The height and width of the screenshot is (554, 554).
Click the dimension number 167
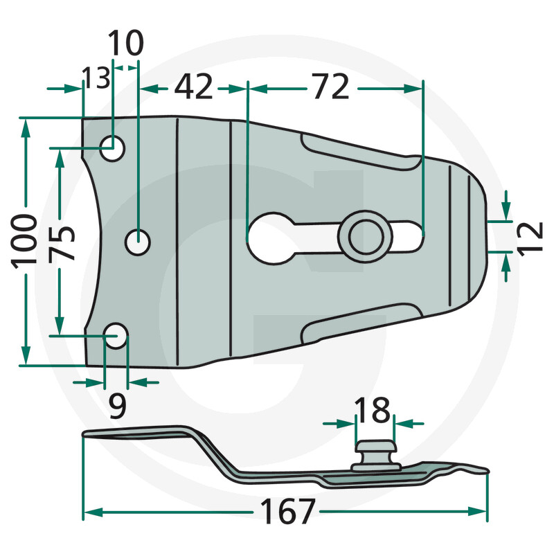(x=287, y=511)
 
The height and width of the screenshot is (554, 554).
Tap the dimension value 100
(x=24, y=242)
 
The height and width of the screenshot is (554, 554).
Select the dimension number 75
(x=62, y=243)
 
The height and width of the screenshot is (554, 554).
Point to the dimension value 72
(x=331, y=86)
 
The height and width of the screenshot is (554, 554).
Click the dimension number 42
(x=194, y=87)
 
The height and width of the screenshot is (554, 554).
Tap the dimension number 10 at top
(x=125, y=43)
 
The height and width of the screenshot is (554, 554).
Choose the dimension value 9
(x=117, y=406)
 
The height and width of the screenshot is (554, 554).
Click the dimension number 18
(x=372, y=410)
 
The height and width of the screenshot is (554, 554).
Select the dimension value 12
(x=530, y=237)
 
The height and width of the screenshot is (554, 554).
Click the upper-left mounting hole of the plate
(x=112, y=148)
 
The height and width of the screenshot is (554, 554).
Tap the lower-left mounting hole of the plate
(x=116, y=336)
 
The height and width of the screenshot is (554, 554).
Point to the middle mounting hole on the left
(x=138, y=242)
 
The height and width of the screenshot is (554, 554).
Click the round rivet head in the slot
(x=366, y=237)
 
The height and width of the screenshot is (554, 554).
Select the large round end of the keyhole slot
(x=271, y=238)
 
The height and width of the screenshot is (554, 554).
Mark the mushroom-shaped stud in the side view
(x=375, y=455)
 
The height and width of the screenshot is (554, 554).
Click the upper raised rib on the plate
(x=360, y=151)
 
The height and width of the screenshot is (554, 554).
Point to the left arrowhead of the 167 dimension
(x=93, y=512)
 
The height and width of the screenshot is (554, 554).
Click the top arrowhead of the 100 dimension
(x=26, y=128)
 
